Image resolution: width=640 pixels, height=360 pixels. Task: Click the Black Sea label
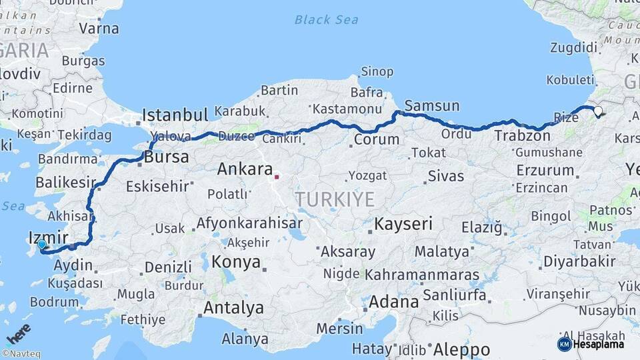(x=326, y=19)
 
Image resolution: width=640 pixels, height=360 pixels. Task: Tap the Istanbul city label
(x=175, y=115)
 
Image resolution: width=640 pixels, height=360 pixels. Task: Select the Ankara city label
(x=245, y=169)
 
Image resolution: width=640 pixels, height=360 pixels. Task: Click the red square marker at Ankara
(x=277, y=177)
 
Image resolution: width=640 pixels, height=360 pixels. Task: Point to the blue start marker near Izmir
(x=42, y=245)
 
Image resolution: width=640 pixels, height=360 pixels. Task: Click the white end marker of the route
(x=598, y=111)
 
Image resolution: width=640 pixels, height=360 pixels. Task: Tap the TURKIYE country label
(x=335, y=199)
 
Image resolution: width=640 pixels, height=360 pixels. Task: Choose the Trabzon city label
(x=523, y=136)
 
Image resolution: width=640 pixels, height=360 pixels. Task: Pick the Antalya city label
(x=233, y=308)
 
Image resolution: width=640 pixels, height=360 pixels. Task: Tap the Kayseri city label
(x=403, y=223)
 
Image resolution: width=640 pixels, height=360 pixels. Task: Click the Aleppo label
(x=461, y=349)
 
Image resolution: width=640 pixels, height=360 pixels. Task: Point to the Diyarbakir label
(x=579, y=261)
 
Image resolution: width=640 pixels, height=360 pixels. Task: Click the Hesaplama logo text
(x=598, y=345)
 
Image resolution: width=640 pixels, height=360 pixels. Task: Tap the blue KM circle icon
(x=564, y=344)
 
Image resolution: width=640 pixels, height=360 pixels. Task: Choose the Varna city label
(x=99, y=29)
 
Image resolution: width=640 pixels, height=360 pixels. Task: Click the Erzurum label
(x=545, y=170)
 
